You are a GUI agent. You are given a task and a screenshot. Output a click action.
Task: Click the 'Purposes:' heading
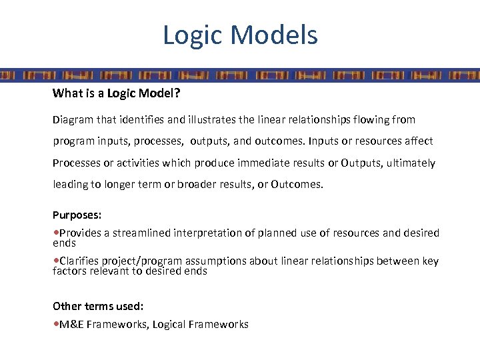(77, 215)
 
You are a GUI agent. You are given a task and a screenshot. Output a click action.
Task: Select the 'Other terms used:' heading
(98, 306)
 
